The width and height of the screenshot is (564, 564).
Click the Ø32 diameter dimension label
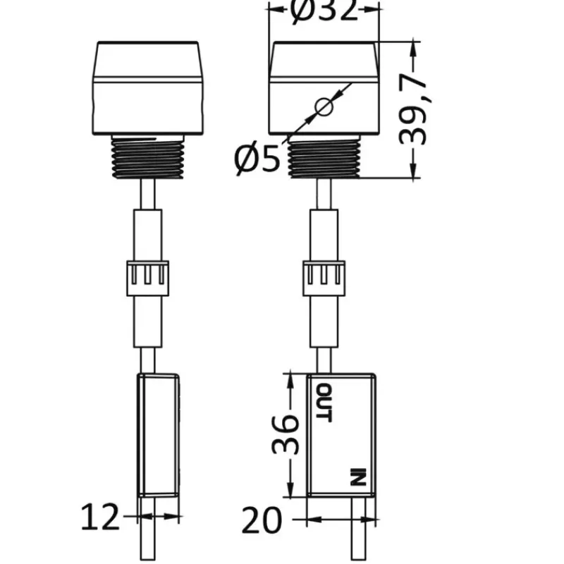point(324,10)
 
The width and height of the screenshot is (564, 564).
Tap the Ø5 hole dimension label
point(257,159)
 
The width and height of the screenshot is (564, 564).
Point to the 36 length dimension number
point(285,435)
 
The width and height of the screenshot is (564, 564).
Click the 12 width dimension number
point(100,517)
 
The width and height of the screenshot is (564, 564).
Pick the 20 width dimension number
point(261,520)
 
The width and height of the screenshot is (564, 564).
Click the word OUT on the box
point(324,403)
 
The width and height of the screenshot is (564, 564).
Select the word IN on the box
point(358,477)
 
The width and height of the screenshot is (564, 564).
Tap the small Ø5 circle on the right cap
point(324,107)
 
